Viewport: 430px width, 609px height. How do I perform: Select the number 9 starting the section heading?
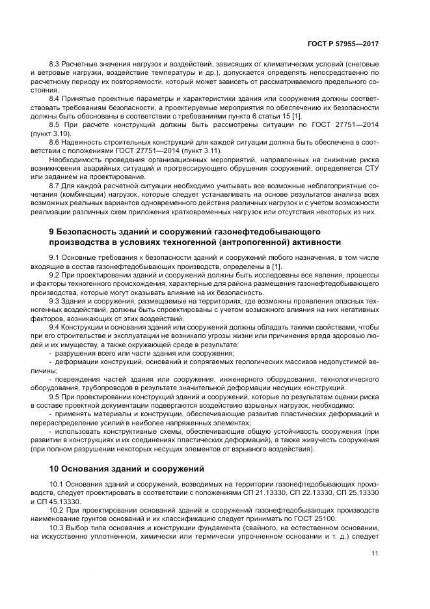click(x=52, y=232)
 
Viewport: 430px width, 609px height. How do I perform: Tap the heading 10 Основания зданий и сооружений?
click(x=127, y=468)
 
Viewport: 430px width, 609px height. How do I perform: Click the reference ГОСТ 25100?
click(x=267, y=519)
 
